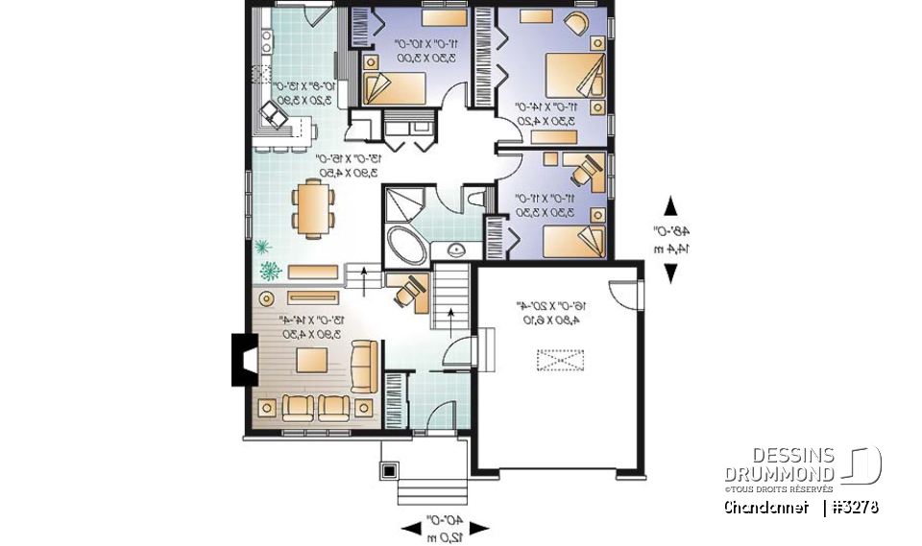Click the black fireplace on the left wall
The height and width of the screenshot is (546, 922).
[x=242, y=360]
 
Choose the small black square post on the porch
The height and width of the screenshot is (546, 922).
[x=390, y=470]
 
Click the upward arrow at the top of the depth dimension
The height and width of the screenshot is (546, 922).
[x=670, y=206]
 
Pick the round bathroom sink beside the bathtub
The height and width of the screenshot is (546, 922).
[x=455, y=249]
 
